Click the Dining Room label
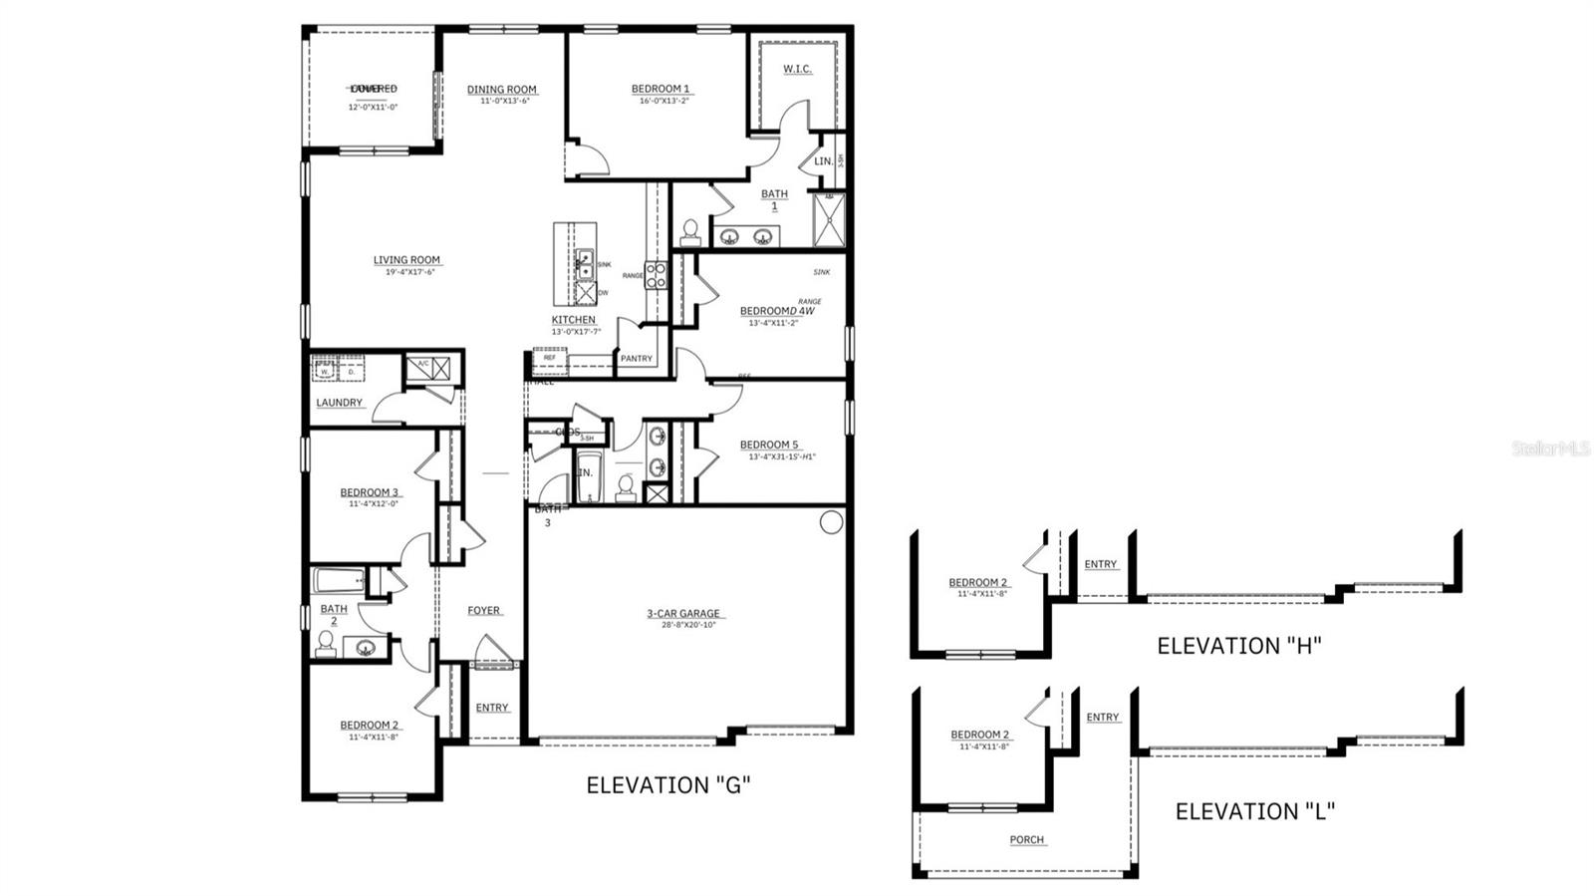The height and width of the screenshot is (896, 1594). coord(502,90)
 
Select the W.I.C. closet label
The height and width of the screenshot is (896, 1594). coord(797,69)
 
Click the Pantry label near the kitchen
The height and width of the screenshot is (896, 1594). coord(636,359)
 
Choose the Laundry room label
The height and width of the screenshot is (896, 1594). coord(340,403)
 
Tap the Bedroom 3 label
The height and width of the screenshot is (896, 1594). coord(370,492)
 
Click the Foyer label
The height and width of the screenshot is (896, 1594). coord(484,611)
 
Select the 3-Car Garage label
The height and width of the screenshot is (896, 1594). coord(683,614)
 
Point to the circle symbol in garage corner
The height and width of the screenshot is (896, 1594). coord(831,522)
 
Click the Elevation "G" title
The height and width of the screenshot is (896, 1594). coord(668,785)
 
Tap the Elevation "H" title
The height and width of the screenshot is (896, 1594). coord(1238,646)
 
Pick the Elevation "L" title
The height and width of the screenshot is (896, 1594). coord(1255,811)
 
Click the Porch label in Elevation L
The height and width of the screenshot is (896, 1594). coord(1027,840)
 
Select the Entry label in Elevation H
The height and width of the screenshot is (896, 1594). coord(1101,565)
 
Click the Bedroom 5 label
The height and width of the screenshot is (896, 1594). coord(768,446)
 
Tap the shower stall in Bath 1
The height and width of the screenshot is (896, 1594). coord(828,220)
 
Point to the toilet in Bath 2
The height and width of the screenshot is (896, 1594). coord(326,644)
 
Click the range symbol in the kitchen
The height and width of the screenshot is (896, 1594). coord(656,275)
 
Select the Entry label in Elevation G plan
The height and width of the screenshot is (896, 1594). coord(492,708)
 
